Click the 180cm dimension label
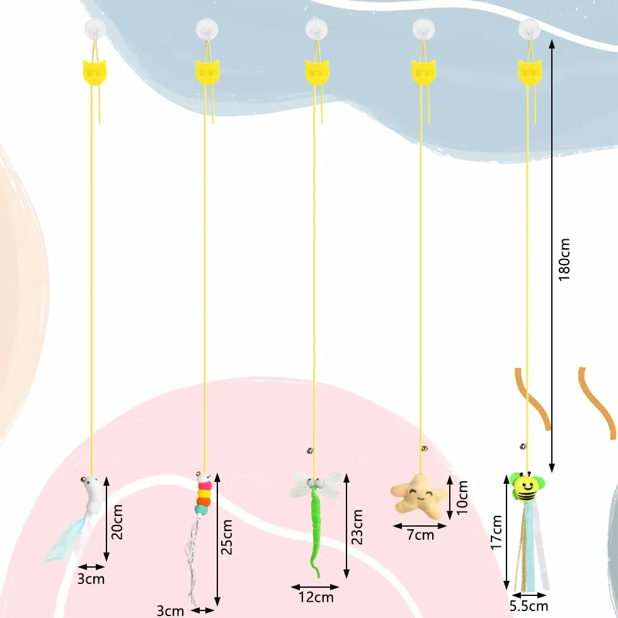564,260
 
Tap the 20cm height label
117,522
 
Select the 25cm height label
227,537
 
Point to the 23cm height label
357,527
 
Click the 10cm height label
462,498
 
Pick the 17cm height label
496,532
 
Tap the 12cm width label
316,597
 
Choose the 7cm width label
420,535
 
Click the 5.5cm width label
529,606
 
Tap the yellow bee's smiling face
526,486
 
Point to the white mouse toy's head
91,483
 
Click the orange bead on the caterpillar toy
203,501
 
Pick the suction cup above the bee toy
529,29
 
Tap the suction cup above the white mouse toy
95,29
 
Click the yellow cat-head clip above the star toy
423,72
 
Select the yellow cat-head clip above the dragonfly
316,72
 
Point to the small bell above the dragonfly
310,450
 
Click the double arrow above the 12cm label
315,587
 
